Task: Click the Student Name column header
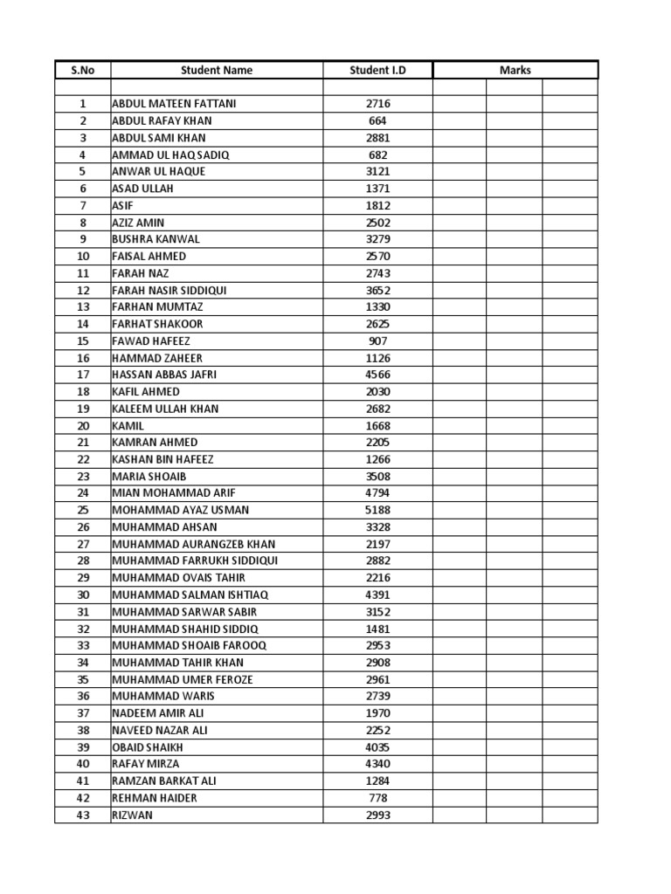click(x=217, y=70)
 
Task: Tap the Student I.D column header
click(x=377, y=70)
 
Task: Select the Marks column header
click(x=515, y=70)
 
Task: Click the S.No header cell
click(x=83, y=70)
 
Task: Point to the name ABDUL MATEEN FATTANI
click(x=174, y=104)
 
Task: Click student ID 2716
click(x=377, y=104)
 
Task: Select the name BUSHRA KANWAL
click(x=156, y=239)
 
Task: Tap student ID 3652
click(x=377, y=290)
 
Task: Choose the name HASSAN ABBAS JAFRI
click(x=164, y=375)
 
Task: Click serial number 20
click(x=83, y=426)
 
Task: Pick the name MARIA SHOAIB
click(x=149, y=477)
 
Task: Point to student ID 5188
click(x=377, y=510)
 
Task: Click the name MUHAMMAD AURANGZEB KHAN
click(x=193, y=544)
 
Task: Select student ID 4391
click(x=377, y=595)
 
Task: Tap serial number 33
click(x=83, y=645)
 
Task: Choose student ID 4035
click(x=377, y=747)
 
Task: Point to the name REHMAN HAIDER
click(x=155, y=798)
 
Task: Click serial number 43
click(x=83, y=815)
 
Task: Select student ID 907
click(x=377, y=341)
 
